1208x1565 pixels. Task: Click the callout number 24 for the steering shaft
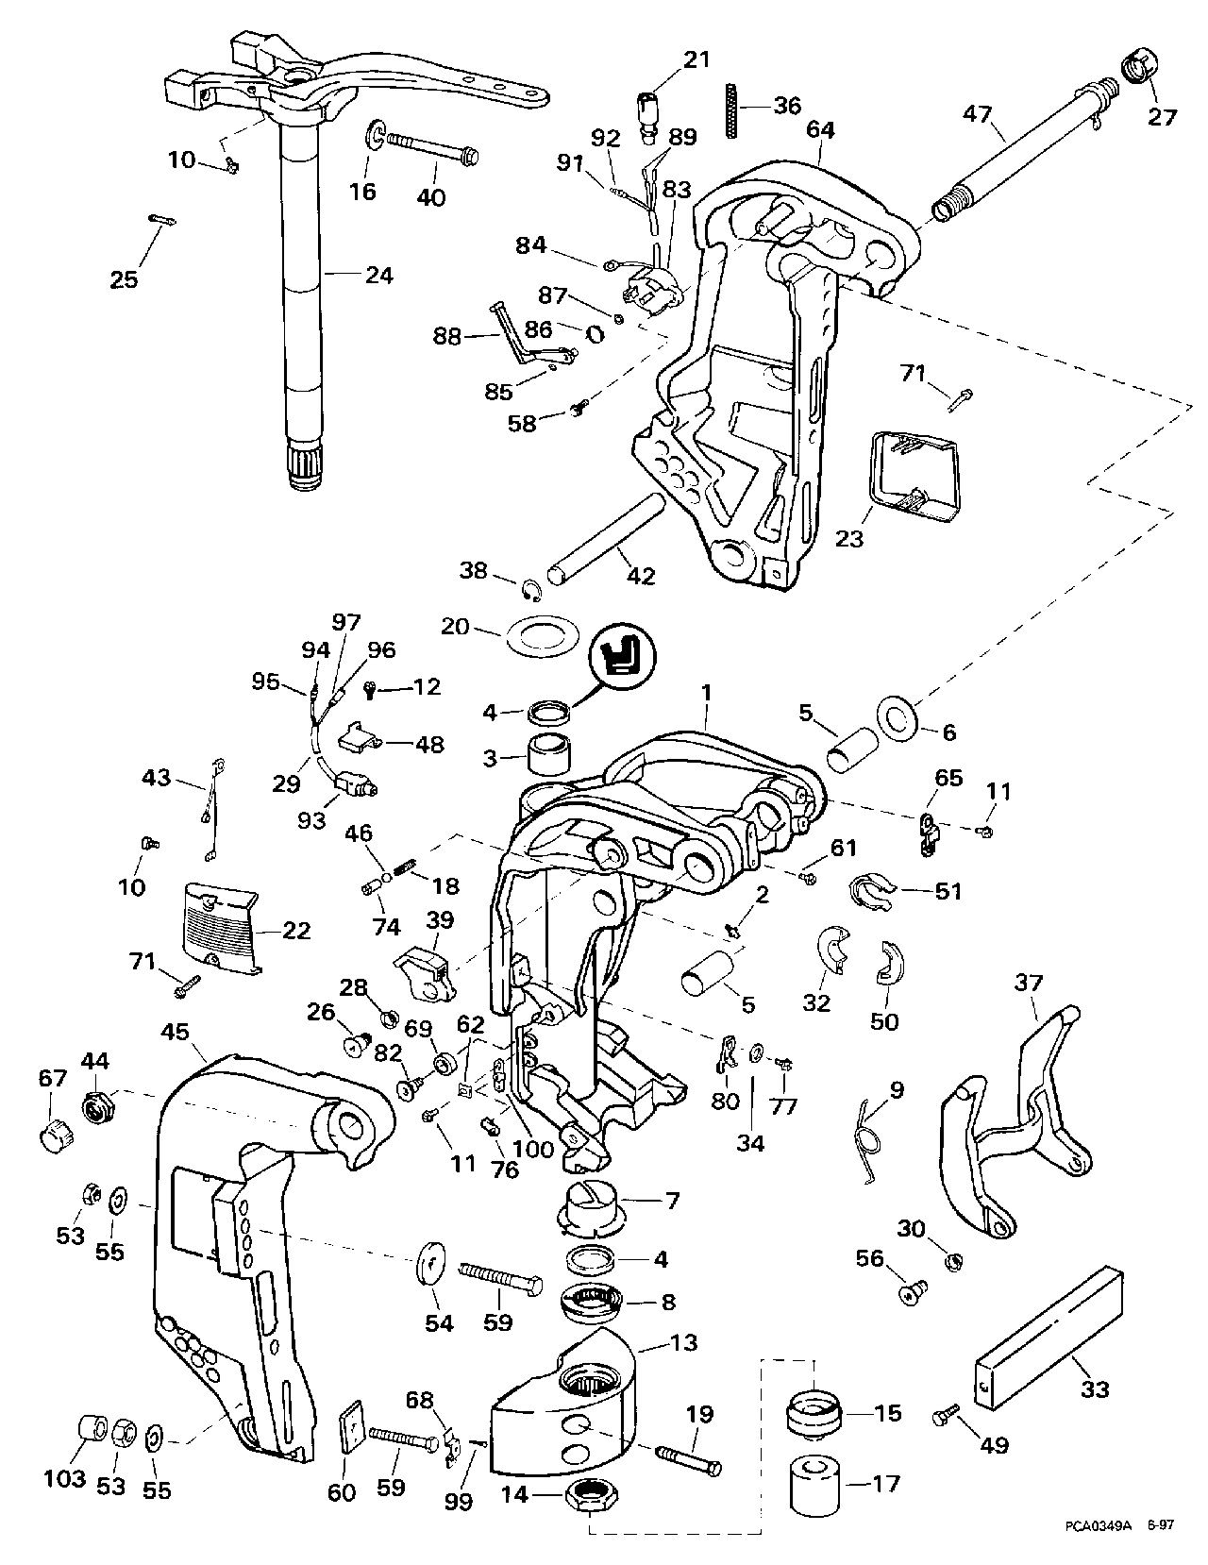click(x=378, y=275)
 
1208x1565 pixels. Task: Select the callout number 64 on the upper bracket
click(x=820, y=129)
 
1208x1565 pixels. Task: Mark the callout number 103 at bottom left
click(x=66, y=1478)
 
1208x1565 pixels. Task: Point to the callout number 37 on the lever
click(x=1028, y=983)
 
